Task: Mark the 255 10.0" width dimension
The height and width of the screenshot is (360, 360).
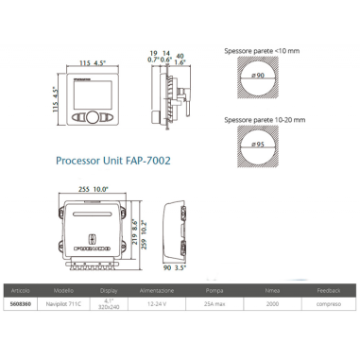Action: (94, 190)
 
